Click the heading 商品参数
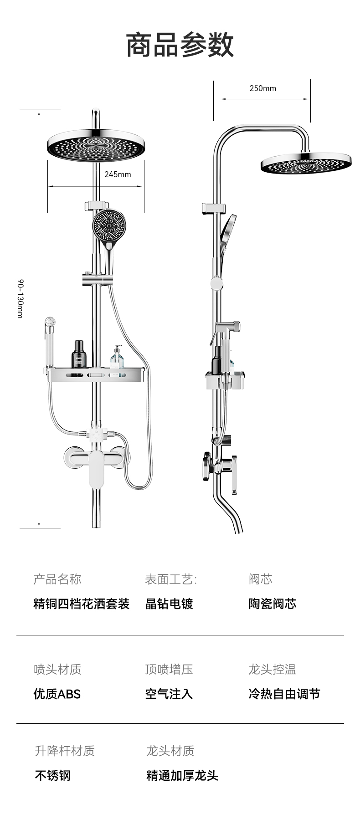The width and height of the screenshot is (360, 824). click(x=180, y=45)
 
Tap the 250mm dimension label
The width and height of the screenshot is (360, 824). click(x=262, y=88)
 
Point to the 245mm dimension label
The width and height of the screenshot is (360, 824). click(x=118, y=174)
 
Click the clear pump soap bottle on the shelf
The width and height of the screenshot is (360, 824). click(x=117, y=357)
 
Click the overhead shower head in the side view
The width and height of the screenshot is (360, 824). click(x=306, y=164)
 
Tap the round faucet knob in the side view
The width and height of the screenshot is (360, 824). click(x=208, y=466)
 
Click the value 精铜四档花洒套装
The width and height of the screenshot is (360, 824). click(x=82, y=604)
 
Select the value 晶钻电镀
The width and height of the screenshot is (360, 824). click(x=169, y=604)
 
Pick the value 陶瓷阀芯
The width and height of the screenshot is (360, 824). click(x=273, y=604)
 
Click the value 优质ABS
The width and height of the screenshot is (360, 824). click(x=57, y=694)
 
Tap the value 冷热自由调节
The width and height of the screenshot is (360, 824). click(x=284, y=694)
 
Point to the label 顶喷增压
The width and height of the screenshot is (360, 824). click(x=169, y=670)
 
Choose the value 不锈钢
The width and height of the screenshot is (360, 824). click(x=52, y=775)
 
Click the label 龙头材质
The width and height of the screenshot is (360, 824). click(x=170, y=751)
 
